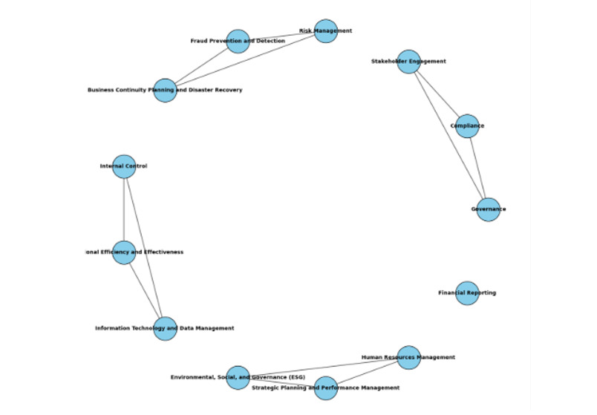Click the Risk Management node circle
pyautogui.click(x=325, y=31)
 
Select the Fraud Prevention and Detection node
pyautogui.click(x=238, y=41)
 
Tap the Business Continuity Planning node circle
pyautogui.click(x=165, y=91)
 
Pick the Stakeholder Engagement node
pyautogui.click(x=408, y=62)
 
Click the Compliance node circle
pyautogui.click(x=466, y=126)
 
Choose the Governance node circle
pyautogui.click(x=488, y=209)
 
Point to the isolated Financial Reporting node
pyautogui.click(x=466, y=293)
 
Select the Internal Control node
pyautogui.click(x=124, y=166)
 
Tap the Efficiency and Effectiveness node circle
pyautogui.click(x=124, y=252)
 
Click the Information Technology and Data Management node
pyautogui.click(x=165, y=328)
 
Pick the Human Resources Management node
pyautogui.click(x=408, y=357)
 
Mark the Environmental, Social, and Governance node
pyautogui.click(x=238, y=377)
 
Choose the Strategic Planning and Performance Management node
pyautogui.click(x=325, y=388)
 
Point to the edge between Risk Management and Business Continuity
pyautogui.click(x=245, y=61)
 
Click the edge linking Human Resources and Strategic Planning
pyautogui.click(x=367, y=373)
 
